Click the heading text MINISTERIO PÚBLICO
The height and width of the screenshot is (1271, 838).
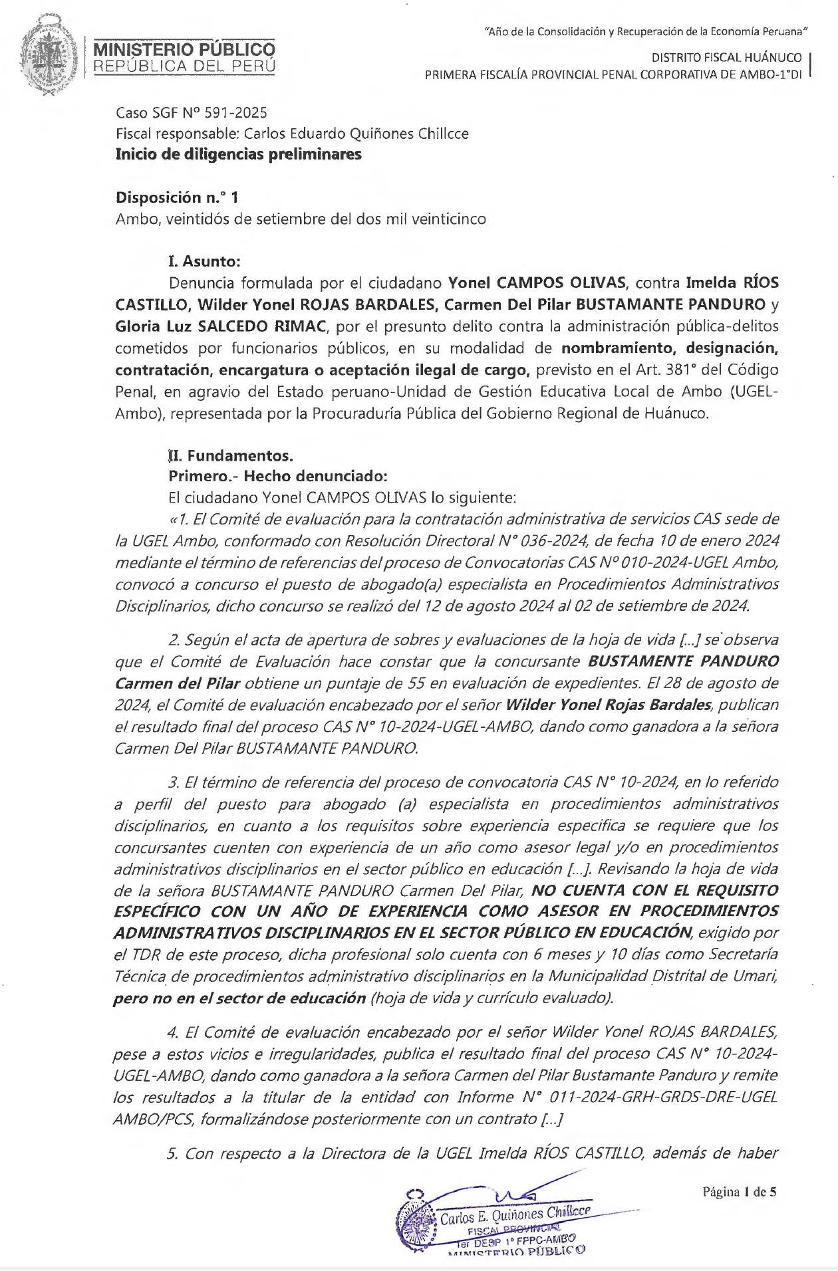[x=184, y=50]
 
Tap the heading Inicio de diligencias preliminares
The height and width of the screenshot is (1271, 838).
[x=239, y=154]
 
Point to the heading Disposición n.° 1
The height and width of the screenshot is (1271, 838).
[x=176, y=197]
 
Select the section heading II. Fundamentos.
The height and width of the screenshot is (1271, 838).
[x=231, y=456]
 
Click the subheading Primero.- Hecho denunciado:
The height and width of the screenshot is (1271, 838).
[x=277, y=477]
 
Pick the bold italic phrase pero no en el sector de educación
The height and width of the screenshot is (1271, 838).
[x=239, y=998]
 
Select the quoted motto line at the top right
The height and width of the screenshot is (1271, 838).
[x=647, y=31]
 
